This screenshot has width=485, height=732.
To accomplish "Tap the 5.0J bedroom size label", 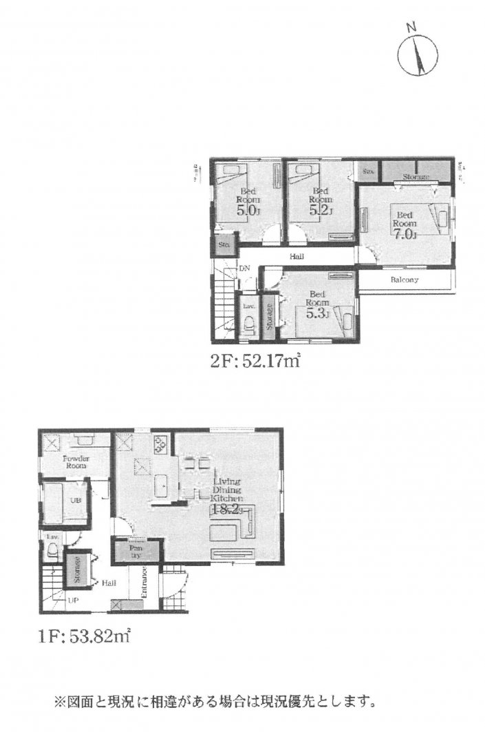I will (x=248, y=211).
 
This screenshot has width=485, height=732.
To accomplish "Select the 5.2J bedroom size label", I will (x=321, y=211).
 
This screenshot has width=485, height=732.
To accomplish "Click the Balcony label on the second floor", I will (x=405, y=280).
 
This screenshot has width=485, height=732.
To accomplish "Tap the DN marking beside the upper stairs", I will (x=244, y=269).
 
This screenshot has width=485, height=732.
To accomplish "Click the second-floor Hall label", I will (x=297, y=256).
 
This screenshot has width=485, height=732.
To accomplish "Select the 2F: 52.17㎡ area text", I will (x=256, y=359).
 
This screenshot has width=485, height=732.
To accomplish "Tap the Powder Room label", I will (x=76, y=462).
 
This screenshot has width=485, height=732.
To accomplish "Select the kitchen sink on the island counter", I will (x=162, y=485).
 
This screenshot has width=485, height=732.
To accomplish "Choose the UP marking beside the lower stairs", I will (x=72, y=600).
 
